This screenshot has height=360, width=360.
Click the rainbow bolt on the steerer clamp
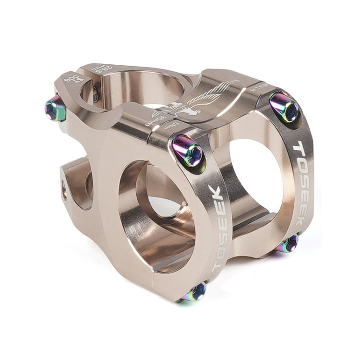pyautogui.click(x=56, y=109)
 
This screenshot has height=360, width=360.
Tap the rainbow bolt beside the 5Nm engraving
pyautogui.click(x=188, y=151)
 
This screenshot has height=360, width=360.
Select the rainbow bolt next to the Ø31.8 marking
pyautogui.click(x=285, y=107)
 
